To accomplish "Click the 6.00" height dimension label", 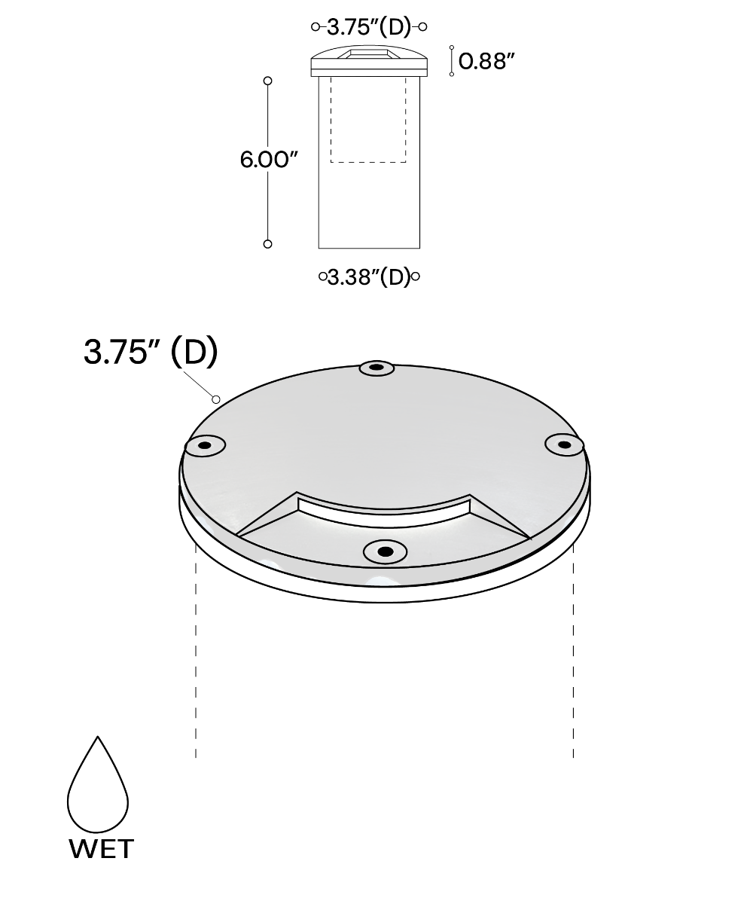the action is point(269,160).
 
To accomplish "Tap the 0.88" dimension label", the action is point(486,61).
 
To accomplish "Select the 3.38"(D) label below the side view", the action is point(369,277).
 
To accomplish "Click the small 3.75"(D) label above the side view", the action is point(369,27).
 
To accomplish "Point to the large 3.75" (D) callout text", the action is point(151,352).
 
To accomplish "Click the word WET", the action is point(101,849).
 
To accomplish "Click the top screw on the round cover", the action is point(377,368).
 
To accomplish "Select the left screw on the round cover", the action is point(205,445).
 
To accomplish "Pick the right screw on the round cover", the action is point(564,444).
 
